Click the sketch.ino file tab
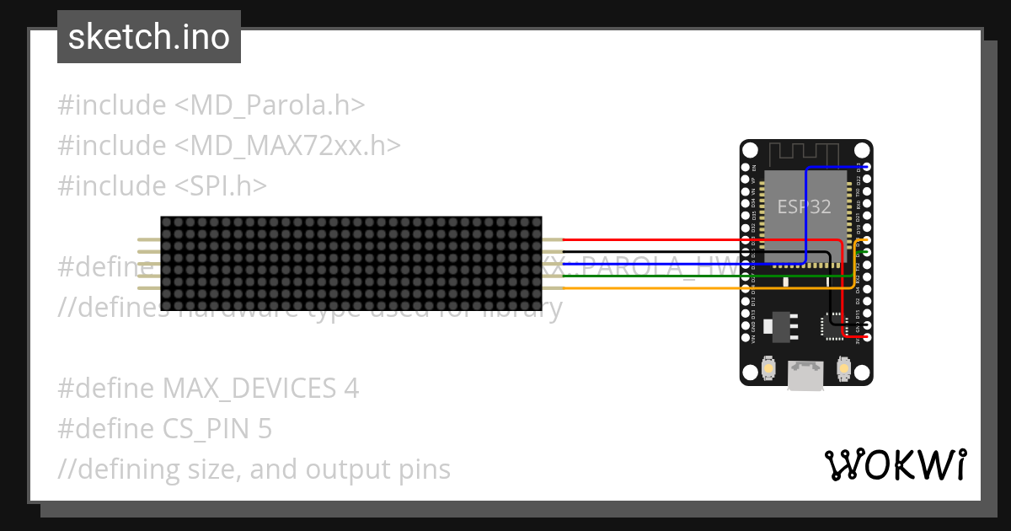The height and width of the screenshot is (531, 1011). click(x=149, y=37)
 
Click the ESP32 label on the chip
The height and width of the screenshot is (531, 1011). click(x=804, y=206)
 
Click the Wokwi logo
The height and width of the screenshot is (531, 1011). click(x=895, y=464)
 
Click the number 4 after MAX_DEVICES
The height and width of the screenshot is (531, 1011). click(x=351, y=389)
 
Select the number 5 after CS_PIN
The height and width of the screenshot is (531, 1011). click(x=265, y=429)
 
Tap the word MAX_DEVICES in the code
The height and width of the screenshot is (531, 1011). click(x=249, y=389)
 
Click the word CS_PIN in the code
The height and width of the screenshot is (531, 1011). click(x=206, y=429)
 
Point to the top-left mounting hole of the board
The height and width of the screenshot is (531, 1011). click(x=750, y=150)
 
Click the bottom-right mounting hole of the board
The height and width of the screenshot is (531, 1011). click(x=864, y=376)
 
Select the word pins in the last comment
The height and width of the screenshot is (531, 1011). click(x=421, y=469)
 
